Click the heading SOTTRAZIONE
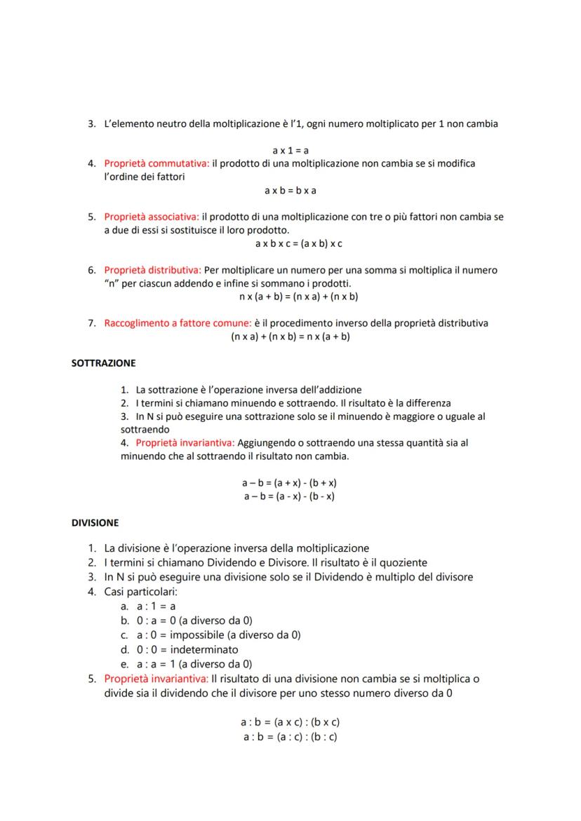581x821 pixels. [103, 364]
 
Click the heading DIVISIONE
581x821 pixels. [95, 523]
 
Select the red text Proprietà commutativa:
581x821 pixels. [156, 163]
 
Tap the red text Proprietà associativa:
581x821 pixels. [152, 217]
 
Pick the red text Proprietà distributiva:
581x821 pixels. [153, 270]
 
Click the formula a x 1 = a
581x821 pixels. [290, 150]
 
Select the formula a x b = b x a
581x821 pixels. [290, 191]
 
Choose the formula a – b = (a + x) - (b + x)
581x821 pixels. [290, 483]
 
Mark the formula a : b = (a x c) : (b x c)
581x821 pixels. [290, 721]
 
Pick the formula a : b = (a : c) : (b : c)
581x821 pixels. [290, 737]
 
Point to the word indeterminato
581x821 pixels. [204, 649]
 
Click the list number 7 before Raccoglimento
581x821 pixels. [91, 323]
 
